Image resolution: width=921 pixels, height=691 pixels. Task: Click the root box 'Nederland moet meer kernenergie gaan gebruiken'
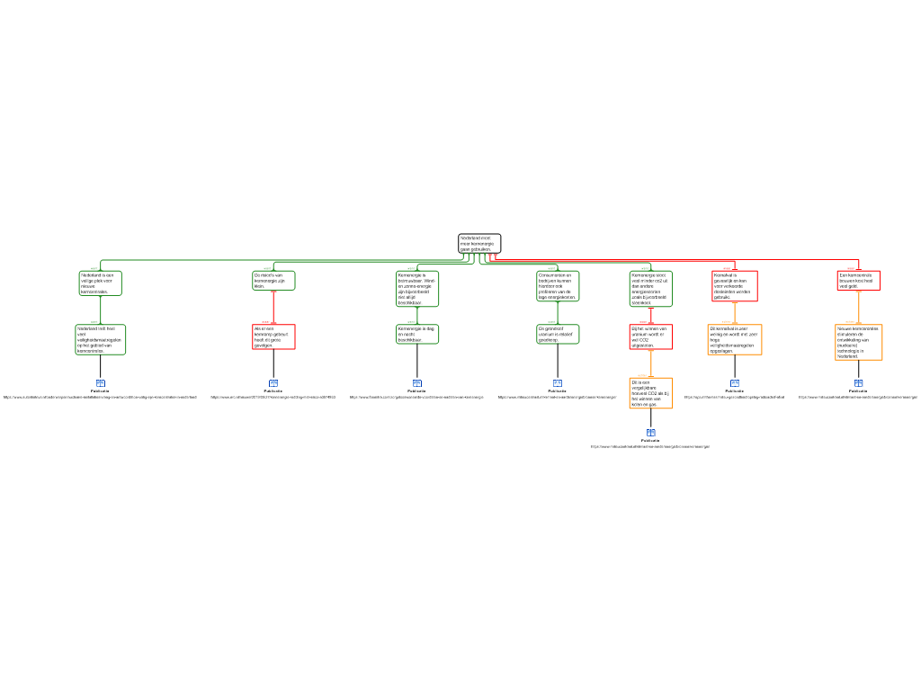[x=478, y=243]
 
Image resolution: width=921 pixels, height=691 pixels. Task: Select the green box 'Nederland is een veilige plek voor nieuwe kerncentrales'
[x=100, y=283]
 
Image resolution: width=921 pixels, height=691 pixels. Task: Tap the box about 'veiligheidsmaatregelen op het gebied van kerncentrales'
[x=100, y=339]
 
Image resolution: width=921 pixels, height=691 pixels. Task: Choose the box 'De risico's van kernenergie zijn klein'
[x=273, y=280]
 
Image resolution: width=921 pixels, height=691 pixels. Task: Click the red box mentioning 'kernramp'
[x=273, y=337]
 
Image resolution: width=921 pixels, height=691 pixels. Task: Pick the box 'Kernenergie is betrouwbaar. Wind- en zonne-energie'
[x=417, y=288]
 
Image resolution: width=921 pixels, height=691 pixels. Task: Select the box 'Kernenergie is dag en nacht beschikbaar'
[x=417, y=334]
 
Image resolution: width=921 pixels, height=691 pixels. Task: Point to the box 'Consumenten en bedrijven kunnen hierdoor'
[x=558, y=285]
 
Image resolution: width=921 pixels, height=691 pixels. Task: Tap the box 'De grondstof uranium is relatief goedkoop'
[x=558, y=334]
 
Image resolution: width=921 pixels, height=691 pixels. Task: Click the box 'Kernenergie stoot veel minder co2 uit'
[x=650, y=288]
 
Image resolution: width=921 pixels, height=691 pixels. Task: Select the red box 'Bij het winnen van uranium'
[x=650, y=337]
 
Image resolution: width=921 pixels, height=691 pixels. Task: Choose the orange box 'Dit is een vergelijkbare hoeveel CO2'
[x=650, y=393]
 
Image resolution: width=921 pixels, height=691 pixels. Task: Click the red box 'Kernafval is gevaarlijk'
[x=735, y=285]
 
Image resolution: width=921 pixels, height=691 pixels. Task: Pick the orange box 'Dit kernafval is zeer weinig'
[x=735, y=339]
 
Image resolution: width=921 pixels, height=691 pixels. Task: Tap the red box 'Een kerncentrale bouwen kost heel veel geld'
[x=859, y=280]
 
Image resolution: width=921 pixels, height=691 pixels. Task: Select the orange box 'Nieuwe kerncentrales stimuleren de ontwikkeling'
[x=859, y=342]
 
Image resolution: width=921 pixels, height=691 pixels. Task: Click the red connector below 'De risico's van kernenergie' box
[x=273, y=307]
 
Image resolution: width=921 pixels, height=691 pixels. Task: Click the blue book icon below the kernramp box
[x=273, y=383]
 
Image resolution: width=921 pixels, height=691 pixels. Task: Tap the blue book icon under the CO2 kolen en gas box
[x=650, y=433]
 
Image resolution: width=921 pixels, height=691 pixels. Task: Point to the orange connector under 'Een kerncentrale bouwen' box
[x=859, y=307]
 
